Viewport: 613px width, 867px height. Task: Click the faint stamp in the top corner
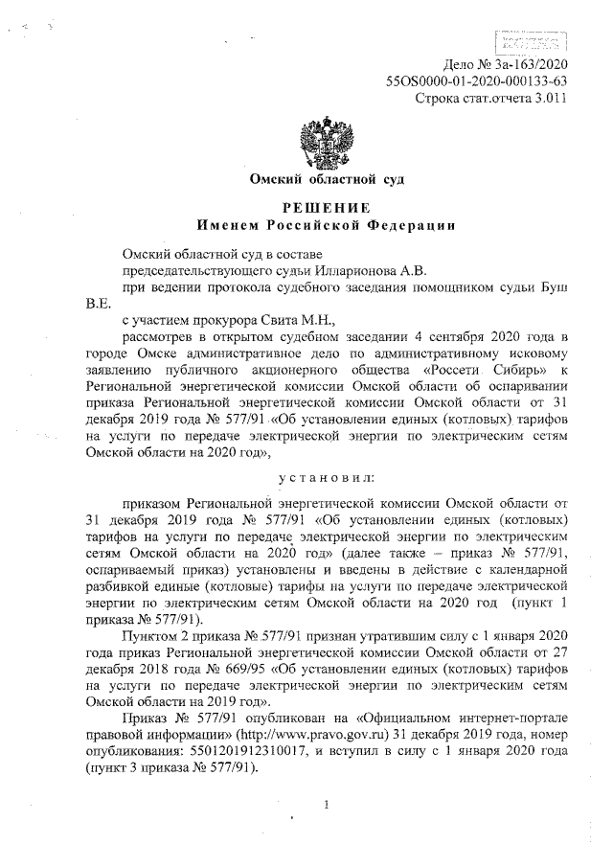529,39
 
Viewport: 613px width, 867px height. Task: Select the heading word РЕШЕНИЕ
325,208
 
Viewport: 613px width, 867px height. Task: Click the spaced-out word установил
325,475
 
